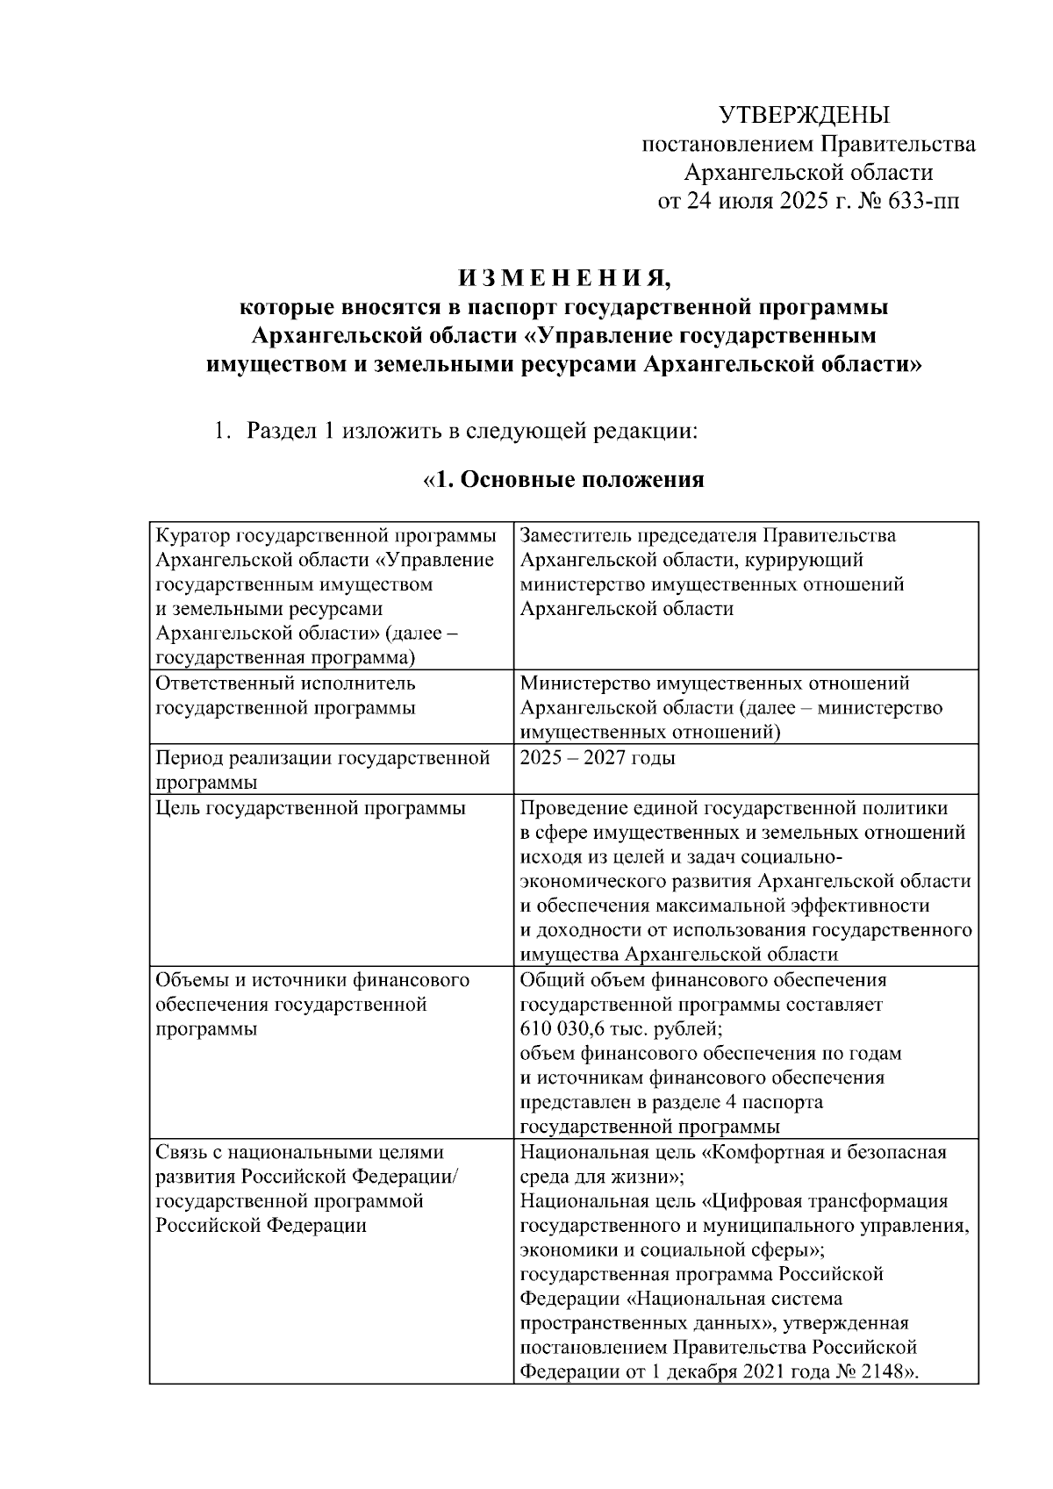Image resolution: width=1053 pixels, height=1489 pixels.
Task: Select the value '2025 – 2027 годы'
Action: pyautogui.click(x=597, y=757)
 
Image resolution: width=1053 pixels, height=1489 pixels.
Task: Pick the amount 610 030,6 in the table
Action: pyautogui.click(x=568, y=1027)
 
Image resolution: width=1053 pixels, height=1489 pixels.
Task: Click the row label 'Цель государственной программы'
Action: pyautogui.click(x=310, y=807)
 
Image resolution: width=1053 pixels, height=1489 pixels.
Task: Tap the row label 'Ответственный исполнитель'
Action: pyautogui.click(x=285, y=683)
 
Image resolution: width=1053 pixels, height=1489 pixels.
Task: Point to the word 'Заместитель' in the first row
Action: pyautogui.click(x=575, y=535)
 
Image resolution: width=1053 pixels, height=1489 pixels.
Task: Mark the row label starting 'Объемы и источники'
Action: pyautogui.click(x=312, y=979)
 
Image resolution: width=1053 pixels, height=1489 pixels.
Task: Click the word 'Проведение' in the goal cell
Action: pyautogui.click(x=570, y=807)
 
